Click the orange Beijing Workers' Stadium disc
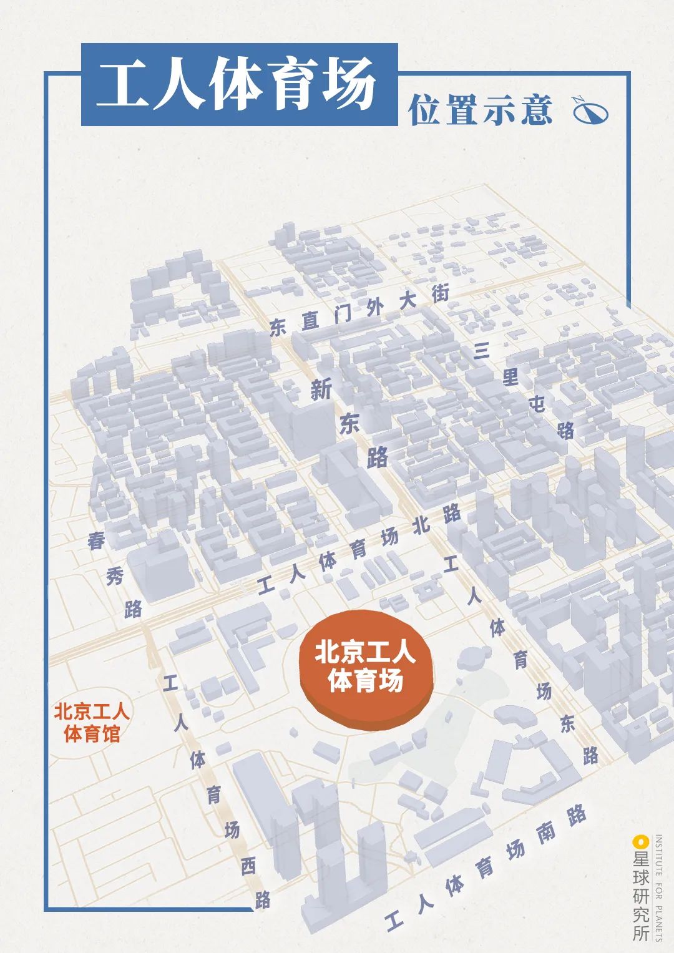pyautogui.click(x=366, y=668)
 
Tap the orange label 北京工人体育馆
pyautogui.click(x=91, y=723)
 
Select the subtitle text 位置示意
pyautogui.click(x=481, y=110)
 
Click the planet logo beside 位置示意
pyautogui.click(x=590, y=110)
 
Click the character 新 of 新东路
pyautogui.click(x=321, y=390)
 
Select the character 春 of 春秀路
pyautogui.click(x=96, y=541)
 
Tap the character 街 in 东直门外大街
pyautogui.click(x=441, y=293)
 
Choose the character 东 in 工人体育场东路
pyautogui.click(x=567, y=723)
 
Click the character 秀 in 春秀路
pyautogui.click(x=115, y=576)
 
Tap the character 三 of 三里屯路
pyautogui.click(x=481, y=351)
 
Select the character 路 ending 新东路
pyautogui.click(x=377, y=457)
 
